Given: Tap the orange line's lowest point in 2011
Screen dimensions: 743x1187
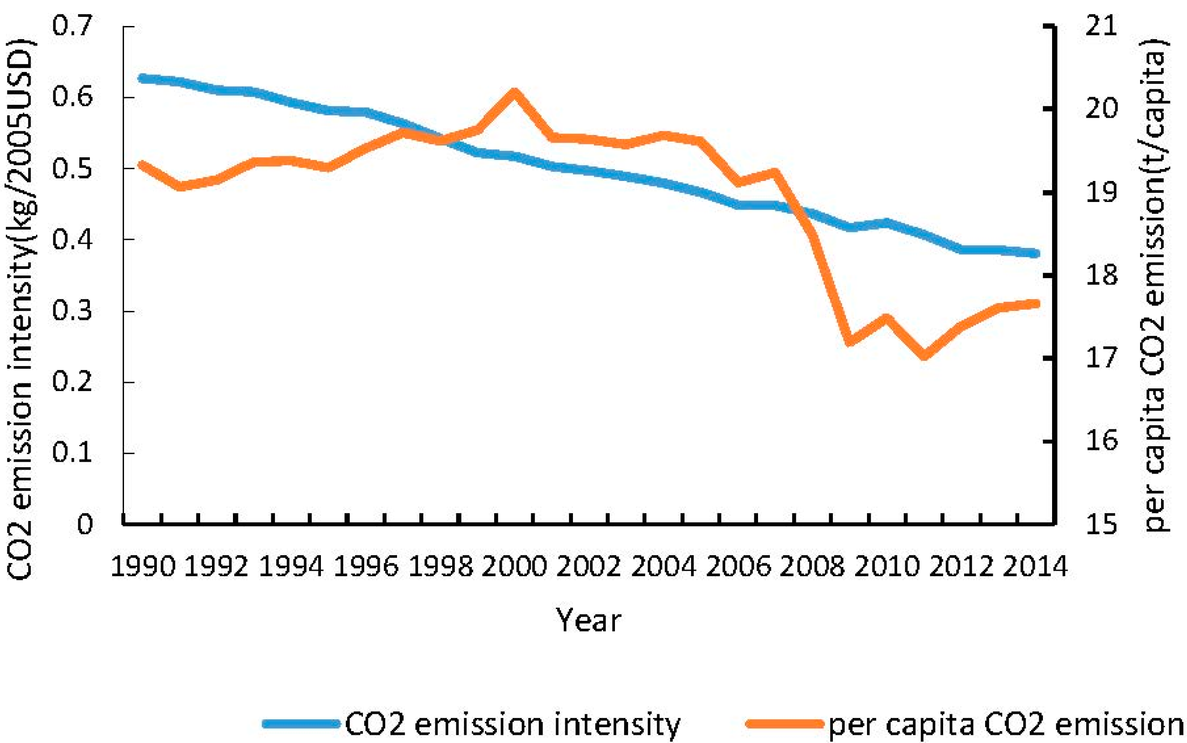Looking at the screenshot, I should tap(924, 355).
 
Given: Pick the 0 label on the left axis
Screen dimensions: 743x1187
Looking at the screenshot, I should tap(84, 524).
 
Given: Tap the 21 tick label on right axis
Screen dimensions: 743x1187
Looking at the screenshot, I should tap(1101, 26).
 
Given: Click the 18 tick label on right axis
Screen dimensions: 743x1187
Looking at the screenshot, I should tap(1101, 275).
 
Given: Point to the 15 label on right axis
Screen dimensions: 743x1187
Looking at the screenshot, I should tap(1101, 524).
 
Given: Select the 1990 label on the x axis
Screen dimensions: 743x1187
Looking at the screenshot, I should tap(143, 567).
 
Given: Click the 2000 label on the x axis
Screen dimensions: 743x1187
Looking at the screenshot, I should tap(514, 567).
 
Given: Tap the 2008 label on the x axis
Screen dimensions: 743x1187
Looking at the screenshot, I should tap(812, 567).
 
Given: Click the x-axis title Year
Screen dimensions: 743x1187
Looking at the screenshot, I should tap(588, 621).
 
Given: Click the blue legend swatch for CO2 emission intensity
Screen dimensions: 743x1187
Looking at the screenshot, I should tap(301, 724).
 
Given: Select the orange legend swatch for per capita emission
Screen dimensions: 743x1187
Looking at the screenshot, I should tap(784, 724).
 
